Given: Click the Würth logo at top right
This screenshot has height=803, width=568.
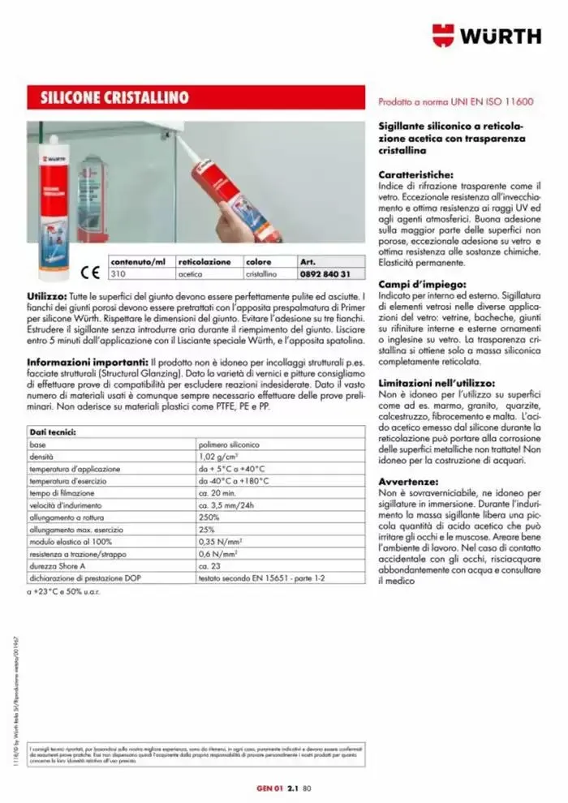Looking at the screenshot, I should point(486,35).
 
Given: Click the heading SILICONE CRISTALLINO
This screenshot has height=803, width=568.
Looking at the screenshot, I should point(114,98).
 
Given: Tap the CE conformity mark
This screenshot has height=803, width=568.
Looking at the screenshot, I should point(90,273).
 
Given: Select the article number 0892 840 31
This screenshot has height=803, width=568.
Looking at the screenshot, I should point(325,274).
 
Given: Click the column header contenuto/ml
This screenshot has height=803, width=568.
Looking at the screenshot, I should point(138,262).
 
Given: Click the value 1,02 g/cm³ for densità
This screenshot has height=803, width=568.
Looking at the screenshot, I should point(219,457).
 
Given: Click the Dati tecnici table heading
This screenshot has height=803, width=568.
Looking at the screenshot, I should point(54,433).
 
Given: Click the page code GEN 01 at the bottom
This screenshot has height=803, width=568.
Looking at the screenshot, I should point(267,786).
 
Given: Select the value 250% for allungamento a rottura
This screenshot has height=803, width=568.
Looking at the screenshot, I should point(209,517).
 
